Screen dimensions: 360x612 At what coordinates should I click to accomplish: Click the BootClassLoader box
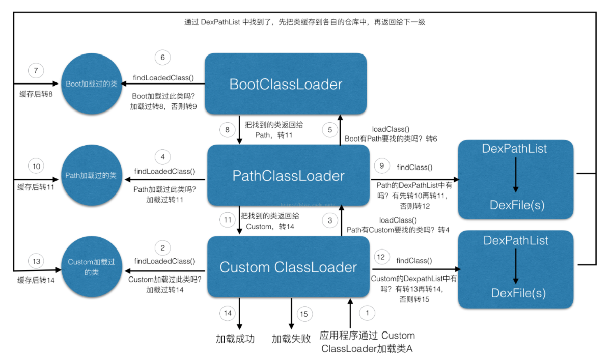[x=286, y=84]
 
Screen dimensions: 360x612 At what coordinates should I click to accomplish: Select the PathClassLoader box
[x=288, y=176]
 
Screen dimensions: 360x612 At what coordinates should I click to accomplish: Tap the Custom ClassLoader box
[x=288, y=267]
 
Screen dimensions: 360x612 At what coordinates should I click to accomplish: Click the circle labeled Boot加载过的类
[x=91, y=84]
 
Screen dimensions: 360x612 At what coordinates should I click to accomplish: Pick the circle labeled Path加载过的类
[x=91, y=175]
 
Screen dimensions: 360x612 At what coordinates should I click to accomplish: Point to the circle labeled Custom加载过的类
[x=91, y=267]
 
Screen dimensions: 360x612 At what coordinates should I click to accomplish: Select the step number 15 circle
[x=303, y=314]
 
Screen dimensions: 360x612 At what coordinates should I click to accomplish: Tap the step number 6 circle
[x=162, y=58]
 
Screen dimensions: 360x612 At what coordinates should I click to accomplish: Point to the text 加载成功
[x=235, y=339]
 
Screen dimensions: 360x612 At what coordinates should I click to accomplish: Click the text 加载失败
[x=291, y=339]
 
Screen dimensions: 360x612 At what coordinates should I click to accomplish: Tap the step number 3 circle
[x=330, y=220]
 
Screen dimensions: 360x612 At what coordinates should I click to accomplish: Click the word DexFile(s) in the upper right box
[x=515, y=205]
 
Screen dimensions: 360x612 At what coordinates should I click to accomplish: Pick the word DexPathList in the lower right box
[x=516, y=240]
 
